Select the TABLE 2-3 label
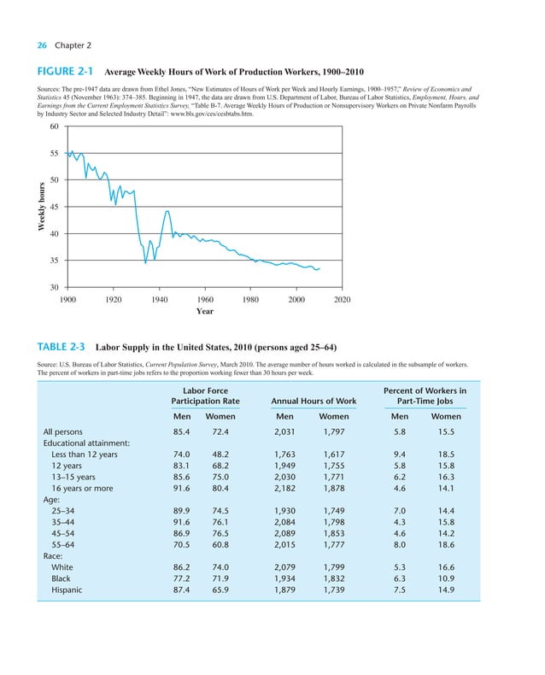(58, 348)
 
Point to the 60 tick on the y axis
(55, 127)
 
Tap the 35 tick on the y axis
(55, 261)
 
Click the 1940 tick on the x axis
(159, 300)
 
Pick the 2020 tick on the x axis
(342, 300)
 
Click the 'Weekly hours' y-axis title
(39, 208)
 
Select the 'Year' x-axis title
(205, 312)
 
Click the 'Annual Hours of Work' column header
(314, 400)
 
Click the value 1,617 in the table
(333, 455)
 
